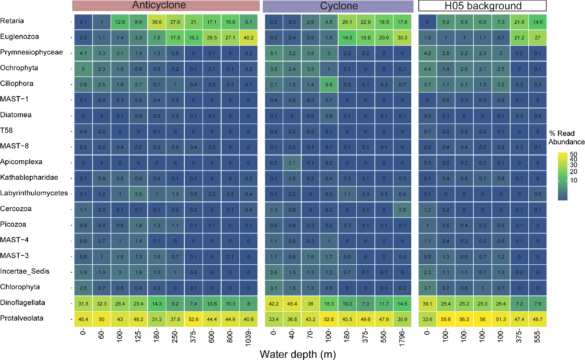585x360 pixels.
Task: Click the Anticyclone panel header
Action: (166, 6)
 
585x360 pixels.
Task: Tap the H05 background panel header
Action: (482, 6)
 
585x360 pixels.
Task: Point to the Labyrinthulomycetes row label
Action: (34, 193)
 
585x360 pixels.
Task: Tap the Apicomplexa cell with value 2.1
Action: (292, 162)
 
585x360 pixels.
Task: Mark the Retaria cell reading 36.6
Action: (157, 22)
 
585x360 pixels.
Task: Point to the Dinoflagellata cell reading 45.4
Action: (292, 303)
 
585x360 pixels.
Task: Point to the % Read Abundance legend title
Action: (566, 138)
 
